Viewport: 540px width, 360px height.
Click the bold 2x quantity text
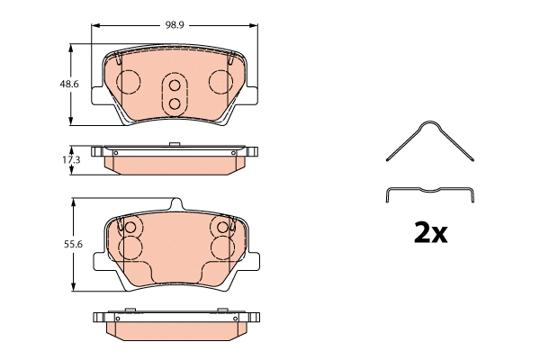coord(429,234)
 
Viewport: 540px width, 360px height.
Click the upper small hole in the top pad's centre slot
coord(175,87)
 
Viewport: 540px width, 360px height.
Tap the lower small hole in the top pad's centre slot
coord(175,103)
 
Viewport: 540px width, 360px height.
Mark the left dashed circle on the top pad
coord(129,83)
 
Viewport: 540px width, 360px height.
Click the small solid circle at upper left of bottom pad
coord(128,228)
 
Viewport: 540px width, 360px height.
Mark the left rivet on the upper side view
coord(115,154)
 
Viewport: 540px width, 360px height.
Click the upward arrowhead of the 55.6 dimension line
coord(72,203)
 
